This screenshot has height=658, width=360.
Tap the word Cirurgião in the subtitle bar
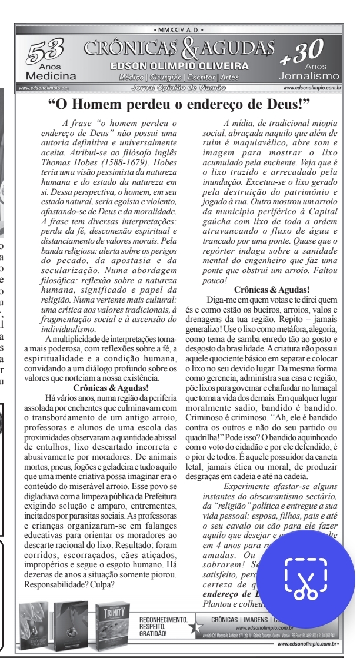pos(166,77)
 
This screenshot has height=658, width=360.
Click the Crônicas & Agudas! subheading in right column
pos(272,289)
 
